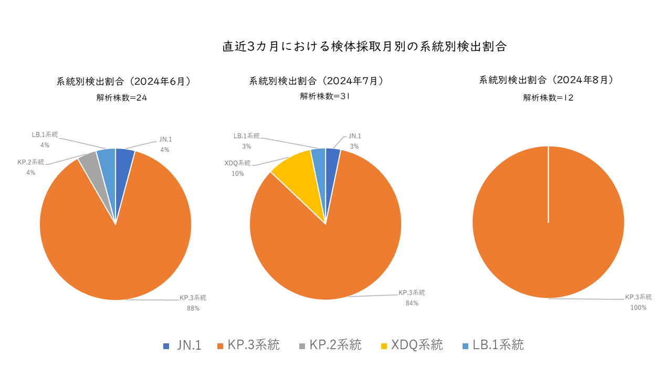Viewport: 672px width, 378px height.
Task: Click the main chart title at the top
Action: tap(364, 47)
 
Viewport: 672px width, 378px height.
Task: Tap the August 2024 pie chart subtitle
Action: tap(547, 80)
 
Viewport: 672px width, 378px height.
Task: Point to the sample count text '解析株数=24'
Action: tap(122, 97)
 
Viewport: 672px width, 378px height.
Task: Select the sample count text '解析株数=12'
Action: tap(548, 97)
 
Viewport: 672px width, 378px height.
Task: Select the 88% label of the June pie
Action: tap(193, 308)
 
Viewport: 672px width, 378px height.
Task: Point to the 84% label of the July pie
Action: tap(412, 303)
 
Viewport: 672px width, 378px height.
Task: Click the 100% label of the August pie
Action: tap(638, 308)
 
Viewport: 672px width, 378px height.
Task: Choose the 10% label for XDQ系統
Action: tap(237, 173)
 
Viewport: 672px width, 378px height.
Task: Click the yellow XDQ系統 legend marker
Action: tap(384, 346)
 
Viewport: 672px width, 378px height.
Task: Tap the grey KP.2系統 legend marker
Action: tap(302, 346)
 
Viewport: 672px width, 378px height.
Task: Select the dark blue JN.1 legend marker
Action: tap(166, 346)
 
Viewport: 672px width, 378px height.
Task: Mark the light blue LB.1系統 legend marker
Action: tap(465, 346)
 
